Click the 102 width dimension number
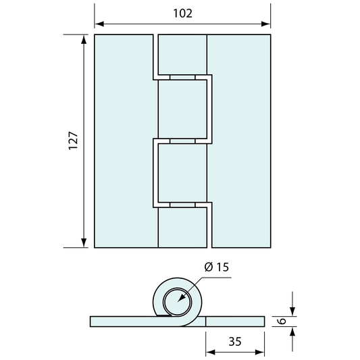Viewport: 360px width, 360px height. pyautogui.click(x=182, y=14)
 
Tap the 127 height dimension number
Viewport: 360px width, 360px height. pyautogui.click(x=74, y=140)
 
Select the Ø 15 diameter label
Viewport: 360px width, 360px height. pyautogui.click(x=217, y=267)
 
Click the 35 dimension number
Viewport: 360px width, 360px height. pyautogui.click(x=235, y=342)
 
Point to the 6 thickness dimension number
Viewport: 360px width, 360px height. pyautogui.click(x=282, y=321)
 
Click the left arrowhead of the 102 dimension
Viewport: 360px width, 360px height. pyautogui.click(x=99, y=24)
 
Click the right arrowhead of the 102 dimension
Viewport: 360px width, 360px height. pyautogui.click(x=266, y=24)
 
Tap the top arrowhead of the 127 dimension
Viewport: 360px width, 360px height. pyautogui.click(x=84, y=39)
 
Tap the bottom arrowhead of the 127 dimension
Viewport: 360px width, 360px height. pyautogui.click(x=84, y=243)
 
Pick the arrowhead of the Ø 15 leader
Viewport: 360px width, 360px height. pyautogui.click(x=182, y=298)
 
